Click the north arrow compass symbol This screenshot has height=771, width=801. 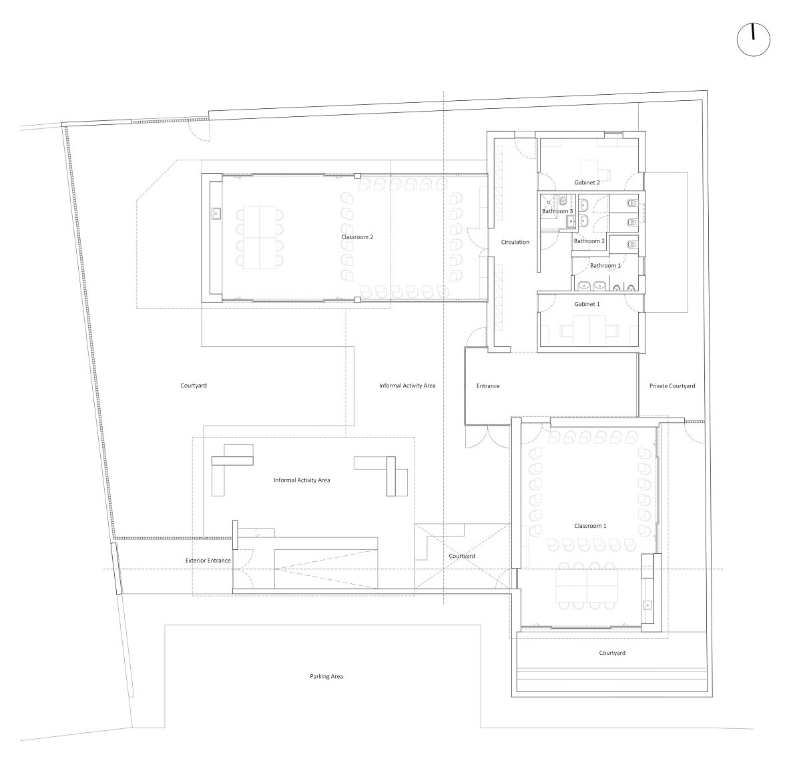point(753,39)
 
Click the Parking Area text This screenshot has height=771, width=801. point(326,676)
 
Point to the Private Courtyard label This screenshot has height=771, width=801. point(672,386)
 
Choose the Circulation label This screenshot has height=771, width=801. point(515,242)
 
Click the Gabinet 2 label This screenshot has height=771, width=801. point(587,182)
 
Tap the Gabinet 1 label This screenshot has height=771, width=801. point(587,304)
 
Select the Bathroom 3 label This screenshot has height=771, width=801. point(557,211)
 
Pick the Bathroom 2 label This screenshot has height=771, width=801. point(589,241)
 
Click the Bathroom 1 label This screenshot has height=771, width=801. point(605,265)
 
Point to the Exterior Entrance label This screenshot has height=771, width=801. point(208,561)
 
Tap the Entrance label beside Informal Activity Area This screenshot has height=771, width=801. point(487,386)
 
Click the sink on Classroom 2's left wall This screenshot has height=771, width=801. point(217,214)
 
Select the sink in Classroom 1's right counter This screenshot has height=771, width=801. point(646,604)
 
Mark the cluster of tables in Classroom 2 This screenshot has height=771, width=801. point(258,238)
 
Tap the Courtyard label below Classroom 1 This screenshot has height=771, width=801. point(611,653)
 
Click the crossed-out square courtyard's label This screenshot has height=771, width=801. point(461,556)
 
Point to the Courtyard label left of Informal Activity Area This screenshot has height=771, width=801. point(194,385)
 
